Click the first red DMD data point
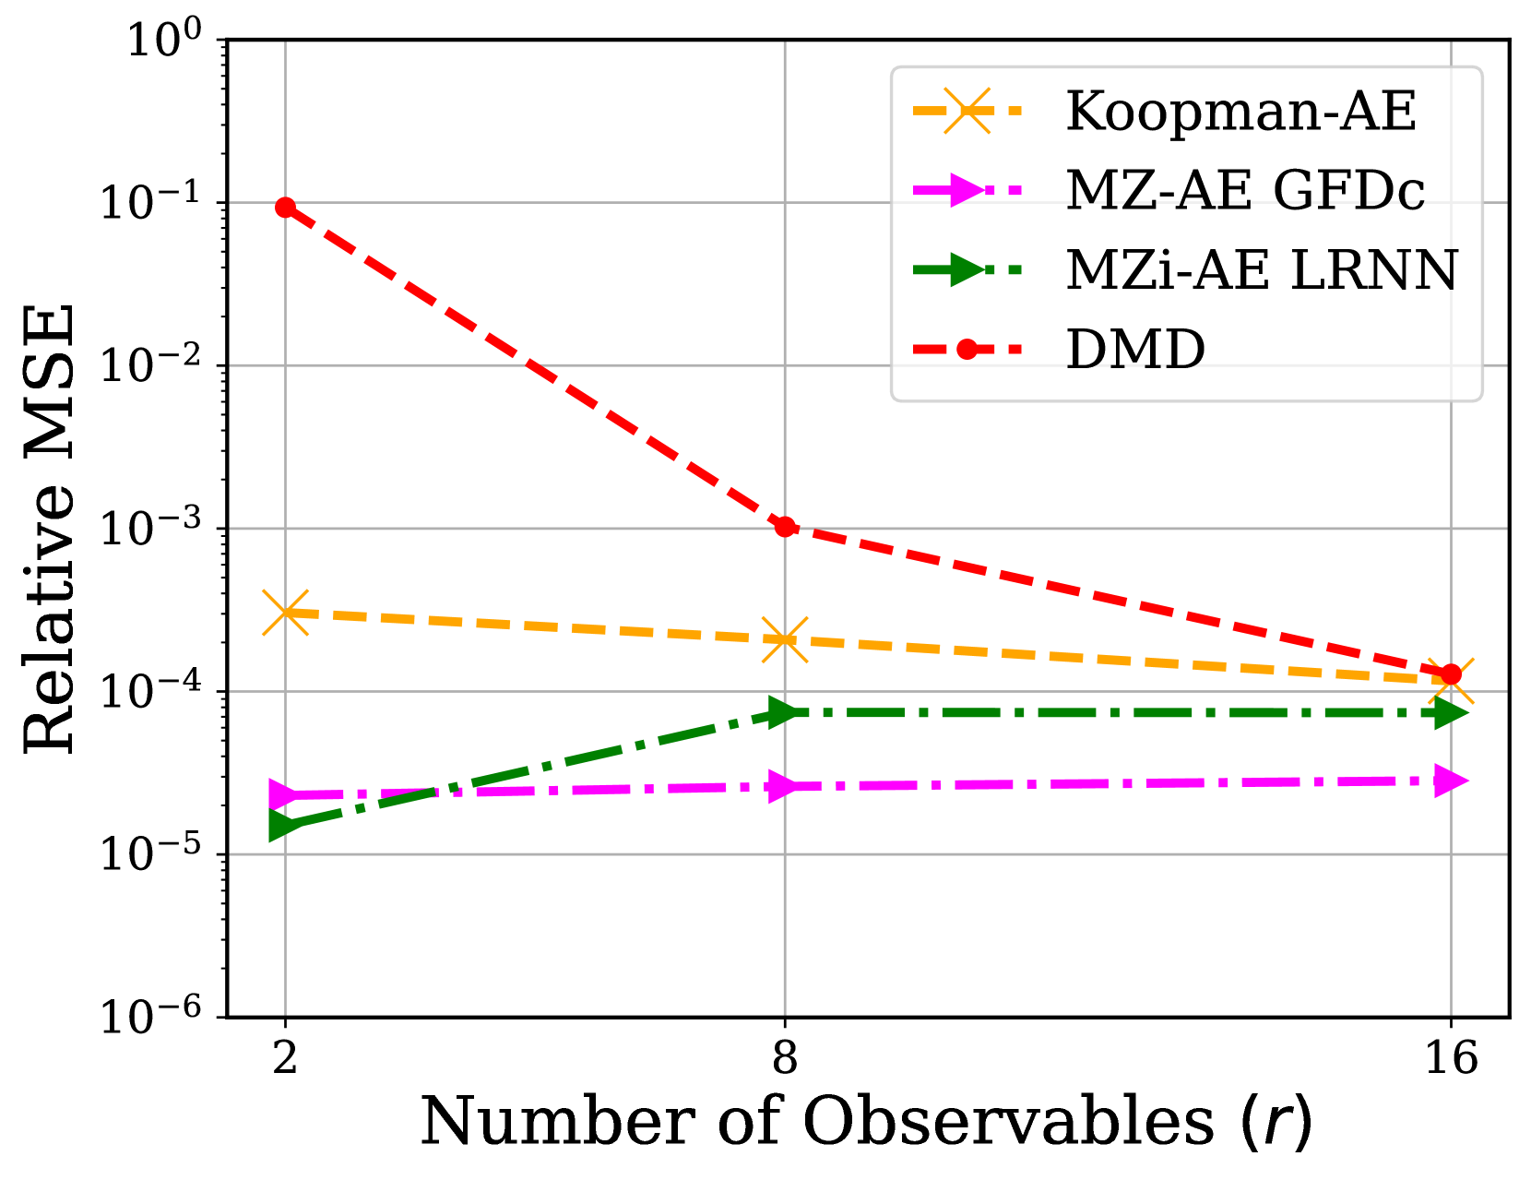coord(286,208)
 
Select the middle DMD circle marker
coord(785,527)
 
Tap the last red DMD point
coord(1451,674)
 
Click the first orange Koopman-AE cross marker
coord(286,613)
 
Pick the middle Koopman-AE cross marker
coord(785,639)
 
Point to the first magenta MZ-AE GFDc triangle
coord(286,794)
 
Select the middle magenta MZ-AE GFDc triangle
coord(785,787)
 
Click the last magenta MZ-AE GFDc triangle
coord(1451,781)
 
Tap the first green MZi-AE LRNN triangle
coord(286,825)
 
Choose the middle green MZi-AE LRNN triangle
coord(785,712)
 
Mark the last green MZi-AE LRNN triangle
coord(1451,713)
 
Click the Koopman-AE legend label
coord(1240,112)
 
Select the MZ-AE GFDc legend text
coord(1245,191)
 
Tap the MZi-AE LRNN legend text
coord(1262,270)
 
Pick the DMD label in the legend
coord(1135,350)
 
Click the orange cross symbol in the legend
coord(967,111)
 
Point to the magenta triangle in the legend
coord(967,190)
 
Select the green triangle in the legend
coord(967,269)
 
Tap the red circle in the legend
coord(967,349)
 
